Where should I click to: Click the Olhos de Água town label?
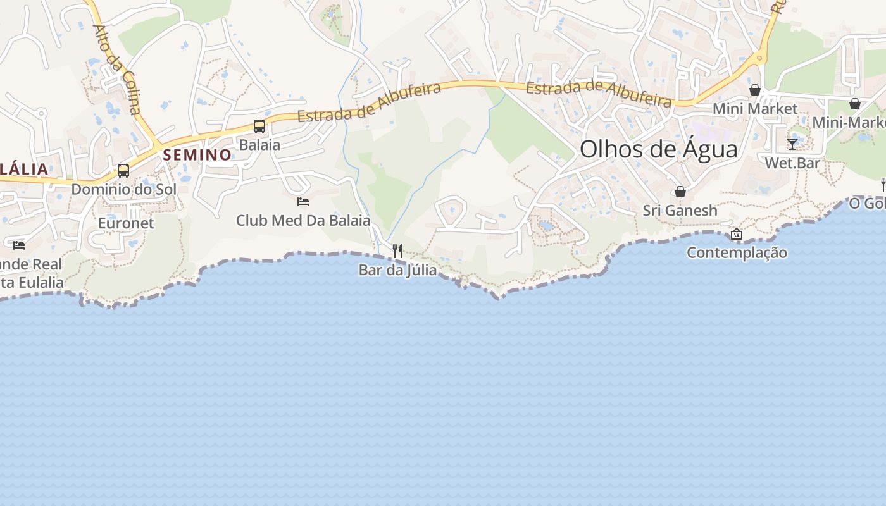pyautogui.click(x=658, y=150)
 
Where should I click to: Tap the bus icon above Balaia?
pyautogui.click(x=259, y=126)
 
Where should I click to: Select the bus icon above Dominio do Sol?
pyautogui.click(x=123, y=171)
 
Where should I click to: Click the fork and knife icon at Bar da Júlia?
pyautogui.click(x=397, y=251)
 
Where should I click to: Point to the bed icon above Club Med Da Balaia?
pyautogui.click(x=303, y=202)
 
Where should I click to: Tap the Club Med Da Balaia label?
pyautogui.click(x=303, y=221)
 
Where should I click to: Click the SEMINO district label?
pyautogui.click(x=197, y=155)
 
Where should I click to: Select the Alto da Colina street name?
pyautogui.click(x=117, y=70)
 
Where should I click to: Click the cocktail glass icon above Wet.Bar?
pyautogui.click(x=792, y=144)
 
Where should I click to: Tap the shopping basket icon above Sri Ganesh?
pyautogui.click(x=680, y=192)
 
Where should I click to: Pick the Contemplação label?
pyautogui.click(x=737, y=253)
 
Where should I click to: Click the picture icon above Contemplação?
pyautogui.click(x=736, y=235)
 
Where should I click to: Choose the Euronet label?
pyautogui.click(x=126, y=223)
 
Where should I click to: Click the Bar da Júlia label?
pyautogui.click(x=397, y=270)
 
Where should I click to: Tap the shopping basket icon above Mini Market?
pyautogui.click(x=754, y=90)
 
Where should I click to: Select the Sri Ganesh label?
pyautogui.click(x=680, y=211)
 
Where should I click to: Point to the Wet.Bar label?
pyautogui.click(x=792, y=163)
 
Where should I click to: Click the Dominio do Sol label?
pyautogui.click(x=123, y=189)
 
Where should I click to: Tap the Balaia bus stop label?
pyautogui.click(x=259, y=145)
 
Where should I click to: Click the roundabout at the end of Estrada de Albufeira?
pyautogui.click(x=759, y=59)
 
